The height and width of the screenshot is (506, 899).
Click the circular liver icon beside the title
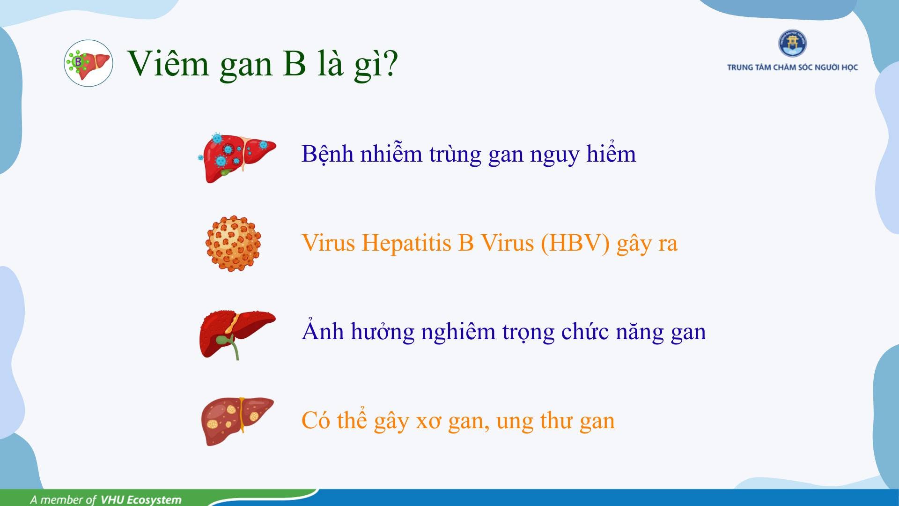click(88, 63)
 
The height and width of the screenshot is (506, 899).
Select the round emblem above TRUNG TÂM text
click(792, 44)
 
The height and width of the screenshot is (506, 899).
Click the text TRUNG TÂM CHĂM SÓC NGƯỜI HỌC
click(792, 67)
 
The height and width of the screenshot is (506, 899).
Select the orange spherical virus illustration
click(233, 243)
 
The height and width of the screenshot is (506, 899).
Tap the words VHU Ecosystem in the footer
click(141, 499)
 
